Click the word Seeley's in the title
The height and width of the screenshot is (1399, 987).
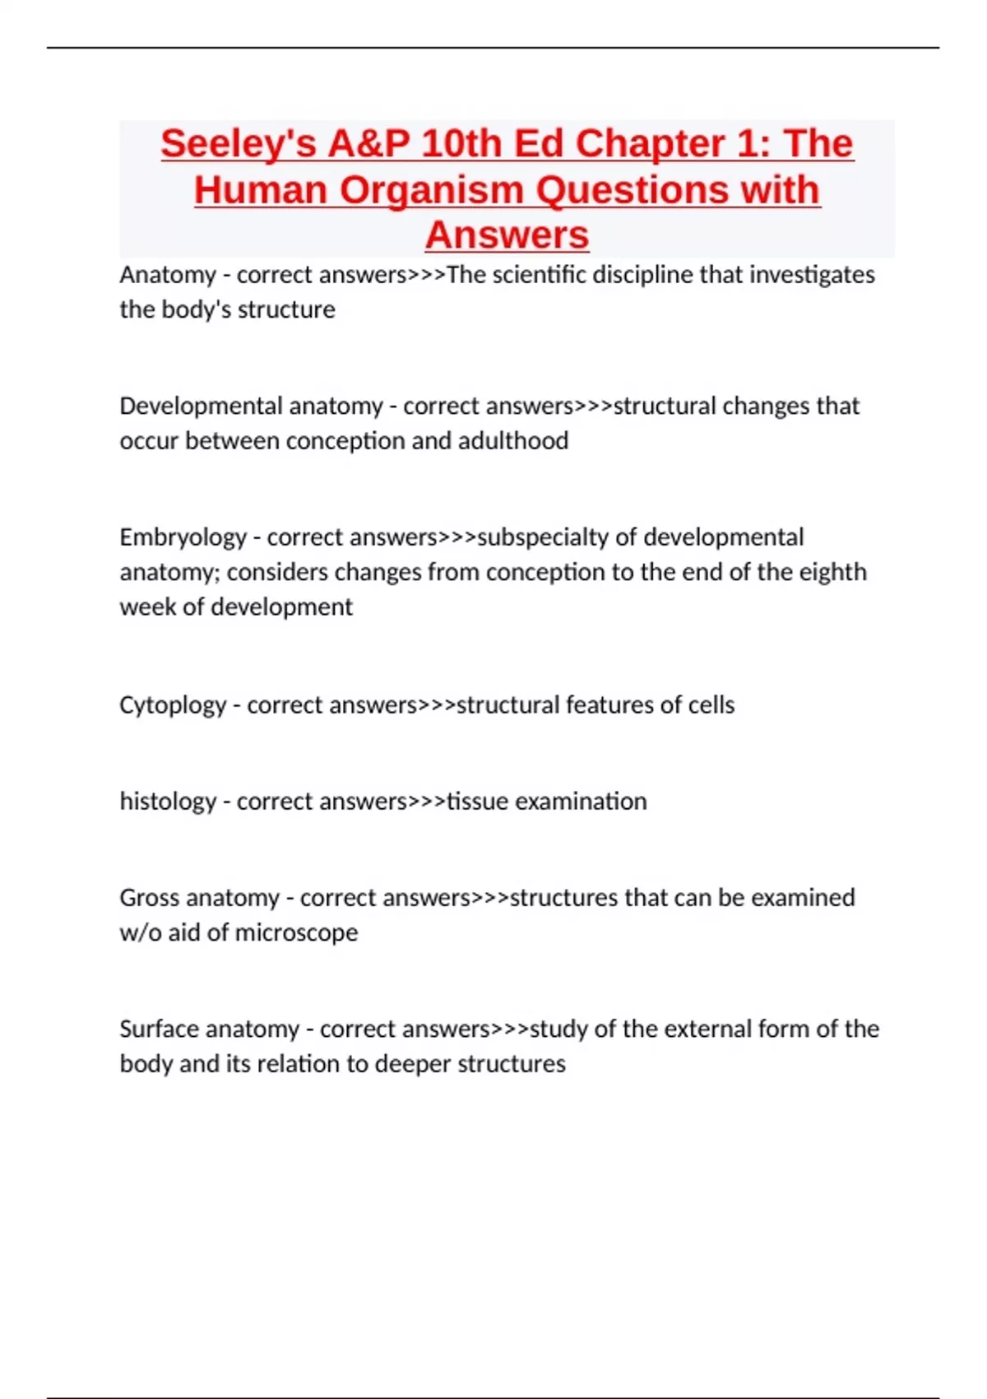point(239,144)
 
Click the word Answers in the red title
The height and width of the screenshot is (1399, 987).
point(507,235)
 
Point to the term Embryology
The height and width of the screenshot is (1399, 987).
point(183,537)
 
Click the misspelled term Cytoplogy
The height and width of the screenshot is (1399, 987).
point(172,705)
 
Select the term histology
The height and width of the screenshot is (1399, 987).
point(168,802)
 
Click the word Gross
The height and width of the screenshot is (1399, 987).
point(151,898)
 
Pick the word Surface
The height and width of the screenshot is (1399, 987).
point(156,1029)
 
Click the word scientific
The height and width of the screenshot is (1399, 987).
point(539,275)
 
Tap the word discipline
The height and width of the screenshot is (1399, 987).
point(642,275)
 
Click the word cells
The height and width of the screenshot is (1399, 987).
point(711,705)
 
